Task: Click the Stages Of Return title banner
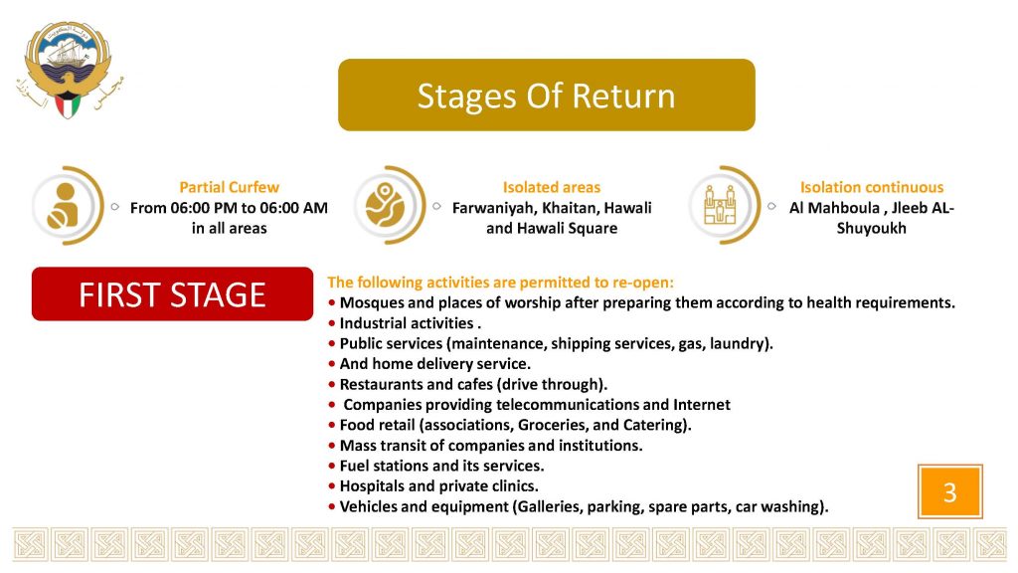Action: pyautogui.click(x=546, y=95)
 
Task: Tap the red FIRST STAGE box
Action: pyautogui.click(x=172, y=293)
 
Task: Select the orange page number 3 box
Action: pyautogui.click(x=949, y=491)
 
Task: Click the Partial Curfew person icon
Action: pyautogui.click(x=64, y=205)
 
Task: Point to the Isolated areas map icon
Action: pyautogui.click(x=385, y=205)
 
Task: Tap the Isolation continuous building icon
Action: pyautogui.click(x=720, y=205)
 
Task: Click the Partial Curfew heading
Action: pyautogui.click(x=230, y=187)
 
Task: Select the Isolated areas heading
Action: pyautogui.click(x=551, y=187)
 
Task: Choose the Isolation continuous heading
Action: pyautogui.click(x=871, y=187)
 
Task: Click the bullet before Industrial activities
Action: pyautogui.click(x=332, y=323)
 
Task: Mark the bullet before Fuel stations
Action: pyautogui.click(x=332, y=466)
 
